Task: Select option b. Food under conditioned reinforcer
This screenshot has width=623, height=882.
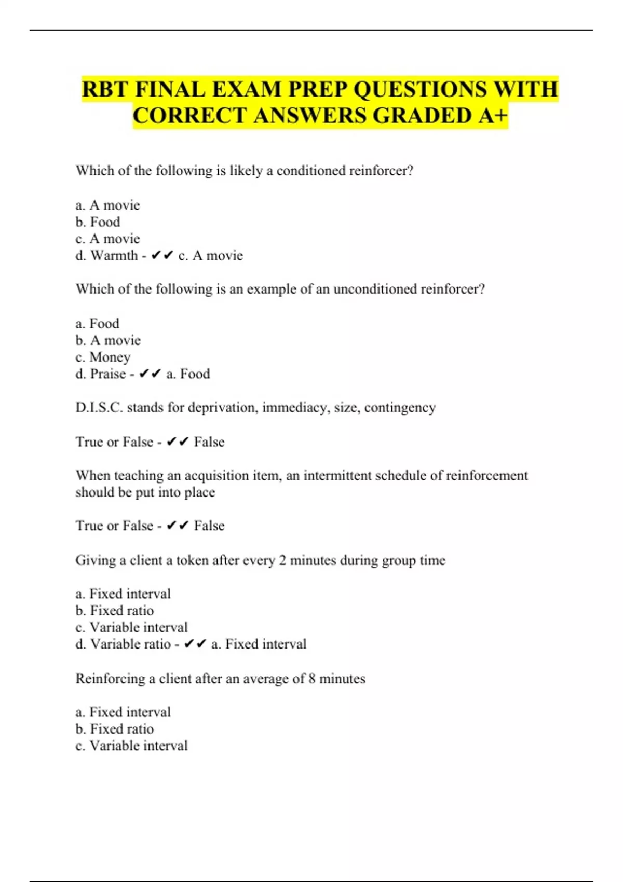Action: (x=98, y=222)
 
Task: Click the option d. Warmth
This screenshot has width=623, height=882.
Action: (x=106, y=256)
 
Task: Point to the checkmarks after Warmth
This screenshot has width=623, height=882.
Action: (x=162, y=256)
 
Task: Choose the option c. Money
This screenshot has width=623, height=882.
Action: (x=103, y=357)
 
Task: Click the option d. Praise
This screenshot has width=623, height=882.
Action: (x=101, y=374)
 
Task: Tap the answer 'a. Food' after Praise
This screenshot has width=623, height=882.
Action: (x=188, y=374)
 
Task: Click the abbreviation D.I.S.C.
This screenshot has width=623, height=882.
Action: (x=99, y=408)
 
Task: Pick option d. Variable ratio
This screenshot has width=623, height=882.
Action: (x=123, y=644)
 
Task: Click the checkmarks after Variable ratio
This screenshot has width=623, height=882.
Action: (x=195, y=644)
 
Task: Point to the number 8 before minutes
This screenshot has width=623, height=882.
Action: (x=311, y=679)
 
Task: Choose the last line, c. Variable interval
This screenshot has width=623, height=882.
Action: (x=131, y=746)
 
